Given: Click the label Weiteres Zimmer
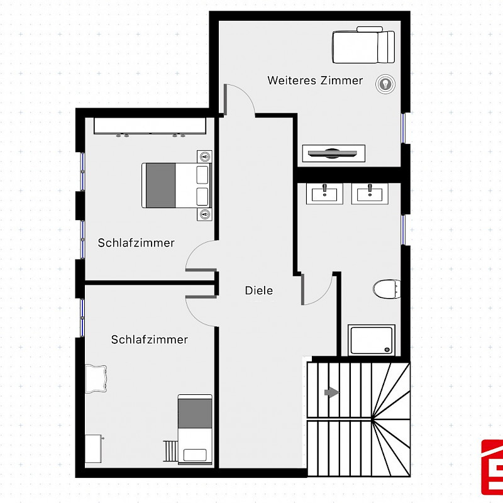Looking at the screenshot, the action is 315,80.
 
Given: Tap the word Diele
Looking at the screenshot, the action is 259,290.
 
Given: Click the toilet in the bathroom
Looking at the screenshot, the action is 387,289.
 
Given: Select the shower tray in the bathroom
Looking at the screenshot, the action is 372,340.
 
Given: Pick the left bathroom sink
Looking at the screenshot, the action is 324,194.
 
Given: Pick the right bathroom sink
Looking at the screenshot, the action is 370,194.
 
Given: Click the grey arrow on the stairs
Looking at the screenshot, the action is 332,392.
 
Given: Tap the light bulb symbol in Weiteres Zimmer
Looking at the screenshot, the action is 385,84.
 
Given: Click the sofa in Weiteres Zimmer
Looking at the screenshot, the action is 363,45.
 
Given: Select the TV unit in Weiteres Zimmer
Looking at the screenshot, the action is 334,153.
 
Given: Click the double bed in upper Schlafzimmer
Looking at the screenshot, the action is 177,185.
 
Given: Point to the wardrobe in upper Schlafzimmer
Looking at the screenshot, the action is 150,126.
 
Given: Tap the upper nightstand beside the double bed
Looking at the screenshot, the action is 205,157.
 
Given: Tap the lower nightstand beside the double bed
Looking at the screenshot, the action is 205,214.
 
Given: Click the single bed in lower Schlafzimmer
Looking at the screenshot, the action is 195,429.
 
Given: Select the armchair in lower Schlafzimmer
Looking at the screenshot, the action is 96,379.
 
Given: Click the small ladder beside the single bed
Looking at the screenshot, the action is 170,451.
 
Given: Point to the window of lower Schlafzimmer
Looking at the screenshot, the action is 82,318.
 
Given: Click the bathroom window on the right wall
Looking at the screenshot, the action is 404,230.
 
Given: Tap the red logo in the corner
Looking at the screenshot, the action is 492,467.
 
